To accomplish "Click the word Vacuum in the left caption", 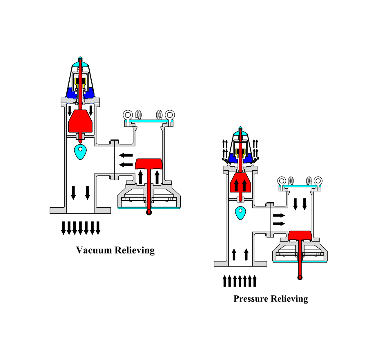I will click(x=94, y=250).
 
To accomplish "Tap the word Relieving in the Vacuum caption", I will click(x=135, y=251).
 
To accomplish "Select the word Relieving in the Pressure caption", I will click(x=290, y=299).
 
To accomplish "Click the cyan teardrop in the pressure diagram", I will click(x=240, y=213).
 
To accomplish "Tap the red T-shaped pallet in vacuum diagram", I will click(x=148, y=164).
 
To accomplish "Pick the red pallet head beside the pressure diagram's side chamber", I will click(x=300, y=235).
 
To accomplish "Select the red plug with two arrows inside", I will click(x=240, y=183).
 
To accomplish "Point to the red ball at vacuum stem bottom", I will click(x=149, y=212).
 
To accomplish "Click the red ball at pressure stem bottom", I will click(x=300, y=278).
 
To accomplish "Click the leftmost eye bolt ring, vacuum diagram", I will click(x=128, y=114).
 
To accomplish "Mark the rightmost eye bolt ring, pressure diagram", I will click(x=318, y=181).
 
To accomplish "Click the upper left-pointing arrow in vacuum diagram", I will click(x=126, y=155).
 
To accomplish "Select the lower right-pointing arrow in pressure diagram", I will click(x=279, y=224).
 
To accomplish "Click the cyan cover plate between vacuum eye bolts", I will click(x=149, y=121).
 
